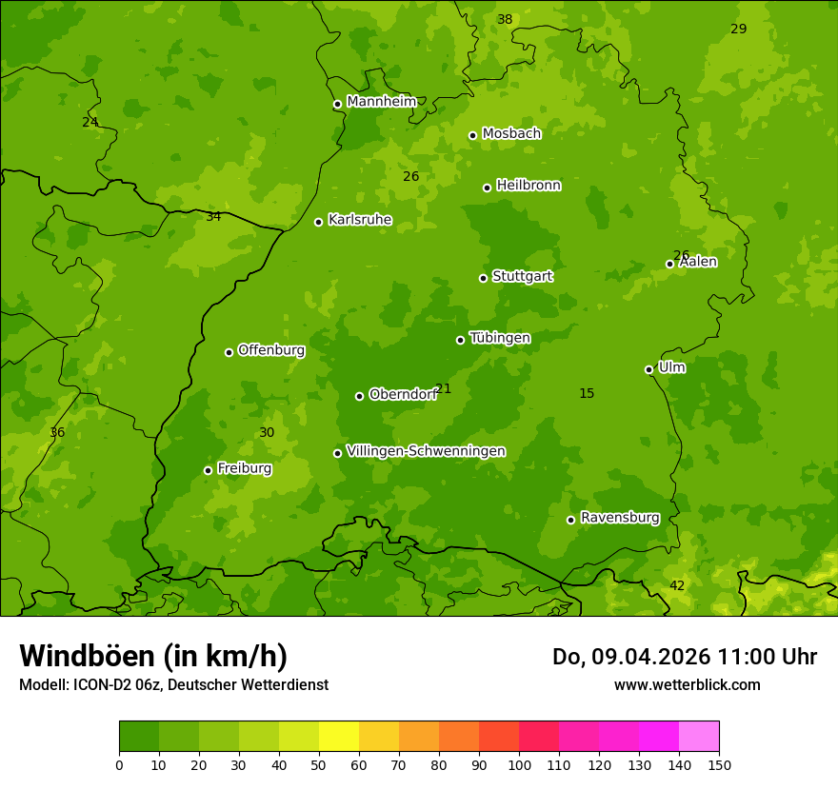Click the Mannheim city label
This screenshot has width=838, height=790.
coord(381,102)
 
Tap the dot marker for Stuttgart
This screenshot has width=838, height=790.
coord(483,278)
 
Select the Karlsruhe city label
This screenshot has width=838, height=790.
coord(359,220)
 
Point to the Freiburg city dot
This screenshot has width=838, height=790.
coord(208,470)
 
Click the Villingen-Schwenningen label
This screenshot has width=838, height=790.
coord(426,451)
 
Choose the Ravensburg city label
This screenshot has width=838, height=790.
coord(619,518)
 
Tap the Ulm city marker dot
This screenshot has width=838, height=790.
coord(648,369)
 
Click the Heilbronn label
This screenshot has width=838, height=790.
coord(528,186)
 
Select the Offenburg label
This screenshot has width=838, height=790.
coord(270,350)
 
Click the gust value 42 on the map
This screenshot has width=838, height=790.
coord(676,585)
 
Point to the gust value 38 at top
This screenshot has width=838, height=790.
coord(505,19)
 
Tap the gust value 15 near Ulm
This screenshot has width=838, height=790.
coord(587,393)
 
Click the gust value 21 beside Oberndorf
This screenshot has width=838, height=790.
coord(443,388)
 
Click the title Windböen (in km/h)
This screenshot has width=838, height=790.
coord(152,656)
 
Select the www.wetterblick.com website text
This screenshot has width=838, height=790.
coord(687,684)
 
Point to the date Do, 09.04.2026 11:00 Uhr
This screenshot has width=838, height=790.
coord(684,657)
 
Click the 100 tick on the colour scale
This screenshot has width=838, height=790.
coord(519,764)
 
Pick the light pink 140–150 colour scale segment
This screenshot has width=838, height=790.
coord(699,737)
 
